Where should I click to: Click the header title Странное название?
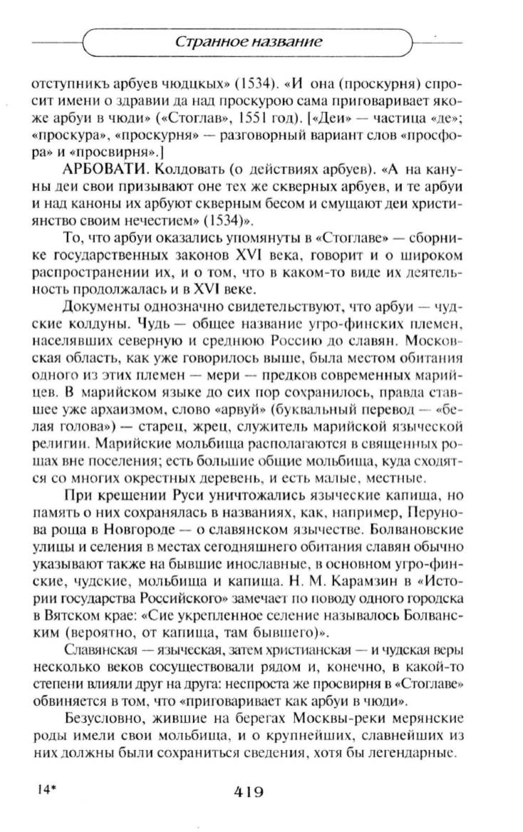[x=249, y=42]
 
